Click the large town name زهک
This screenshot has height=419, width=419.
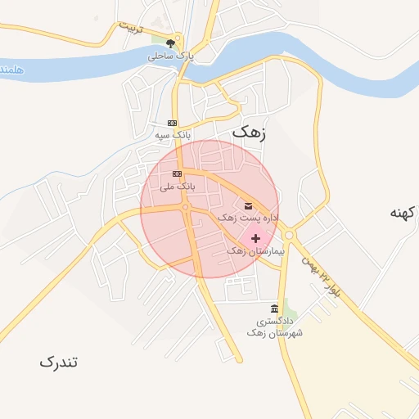click(x=249, y=130)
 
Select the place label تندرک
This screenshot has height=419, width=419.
click(x=59, y=361)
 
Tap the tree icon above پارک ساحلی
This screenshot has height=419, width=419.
click(x=170, y=43)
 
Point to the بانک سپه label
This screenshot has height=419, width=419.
click(x=173, y=133)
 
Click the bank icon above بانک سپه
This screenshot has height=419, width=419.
click(x=172, y=122)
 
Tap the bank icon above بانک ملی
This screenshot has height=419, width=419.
click(x=177, y=175)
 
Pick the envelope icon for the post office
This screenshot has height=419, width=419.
click(x=248, y=205)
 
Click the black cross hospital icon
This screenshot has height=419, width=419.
click(x=255, y=237)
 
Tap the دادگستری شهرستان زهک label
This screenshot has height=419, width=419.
click(x=274, y=328)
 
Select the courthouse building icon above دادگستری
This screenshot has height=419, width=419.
click(x=274, y=309)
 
